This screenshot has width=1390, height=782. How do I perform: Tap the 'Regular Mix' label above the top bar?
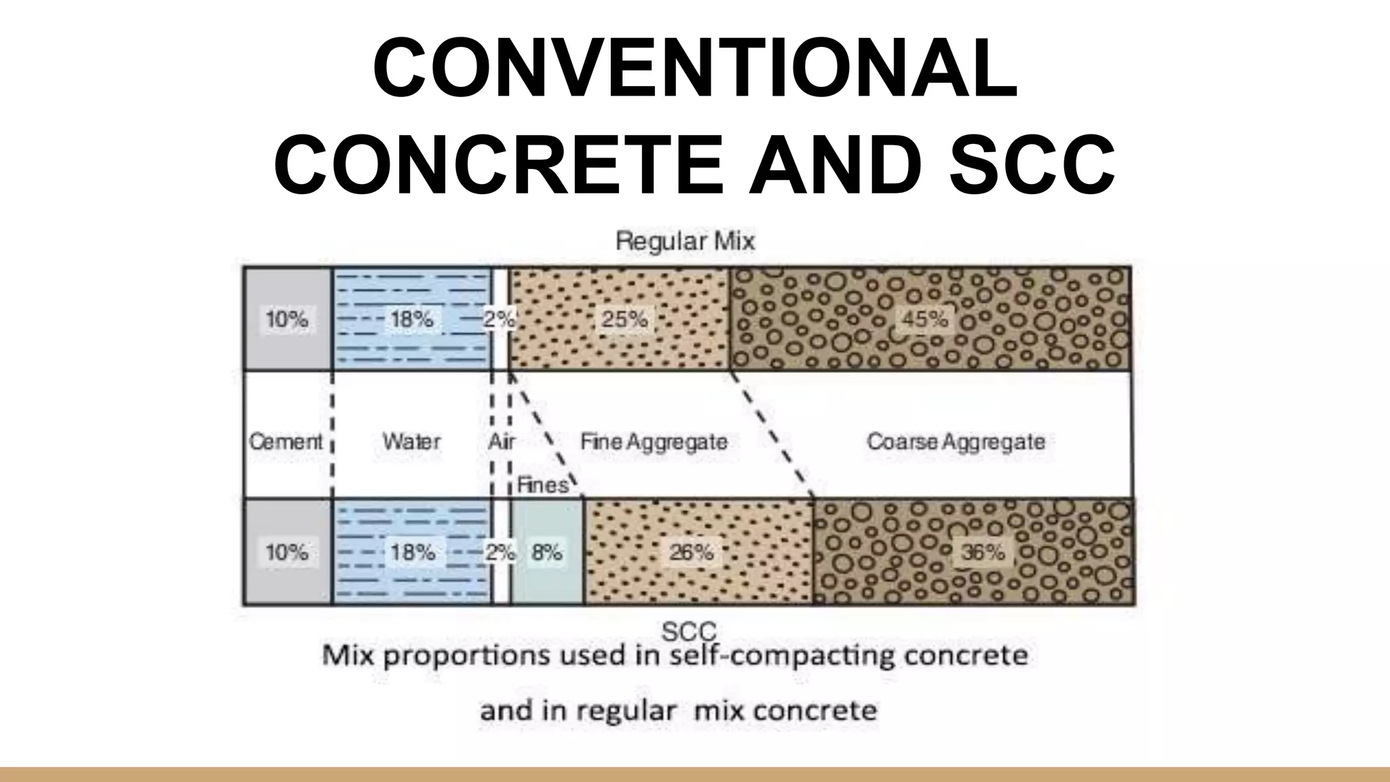[x=685, y=241]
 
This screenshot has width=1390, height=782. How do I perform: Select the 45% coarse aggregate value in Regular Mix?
[x=924, y=318]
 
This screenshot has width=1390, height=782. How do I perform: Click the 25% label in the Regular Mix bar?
[x=624, y=318]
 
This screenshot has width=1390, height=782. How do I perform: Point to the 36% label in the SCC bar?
[x=983, y=553]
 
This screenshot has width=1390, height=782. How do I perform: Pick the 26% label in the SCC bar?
[x=691, y=553]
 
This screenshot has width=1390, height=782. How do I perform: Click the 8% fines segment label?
[x=546, y=553]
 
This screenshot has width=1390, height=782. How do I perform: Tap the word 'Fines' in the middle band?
[x=542, y=485]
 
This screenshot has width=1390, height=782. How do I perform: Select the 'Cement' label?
[x=286, y=442]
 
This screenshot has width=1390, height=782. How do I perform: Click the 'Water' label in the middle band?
[x=411, y=442]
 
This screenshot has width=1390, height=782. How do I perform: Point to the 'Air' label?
[x=501, y=442]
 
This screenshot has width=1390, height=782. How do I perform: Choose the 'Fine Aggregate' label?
[x=654, y=442]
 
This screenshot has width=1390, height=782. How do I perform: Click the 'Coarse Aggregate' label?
[x=956, y=442]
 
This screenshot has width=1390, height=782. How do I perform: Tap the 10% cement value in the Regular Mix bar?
[x=286, y=318]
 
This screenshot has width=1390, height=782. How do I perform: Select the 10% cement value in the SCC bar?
[x=286, y=553]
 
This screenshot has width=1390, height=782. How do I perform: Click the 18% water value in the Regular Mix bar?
[x=412, y=318]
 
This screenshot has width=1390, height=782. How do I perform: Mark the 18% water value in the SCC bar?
[x=413, y=553]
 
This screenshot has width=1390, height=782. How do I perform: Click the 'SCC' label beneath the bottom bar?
[x=688, y=632]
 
